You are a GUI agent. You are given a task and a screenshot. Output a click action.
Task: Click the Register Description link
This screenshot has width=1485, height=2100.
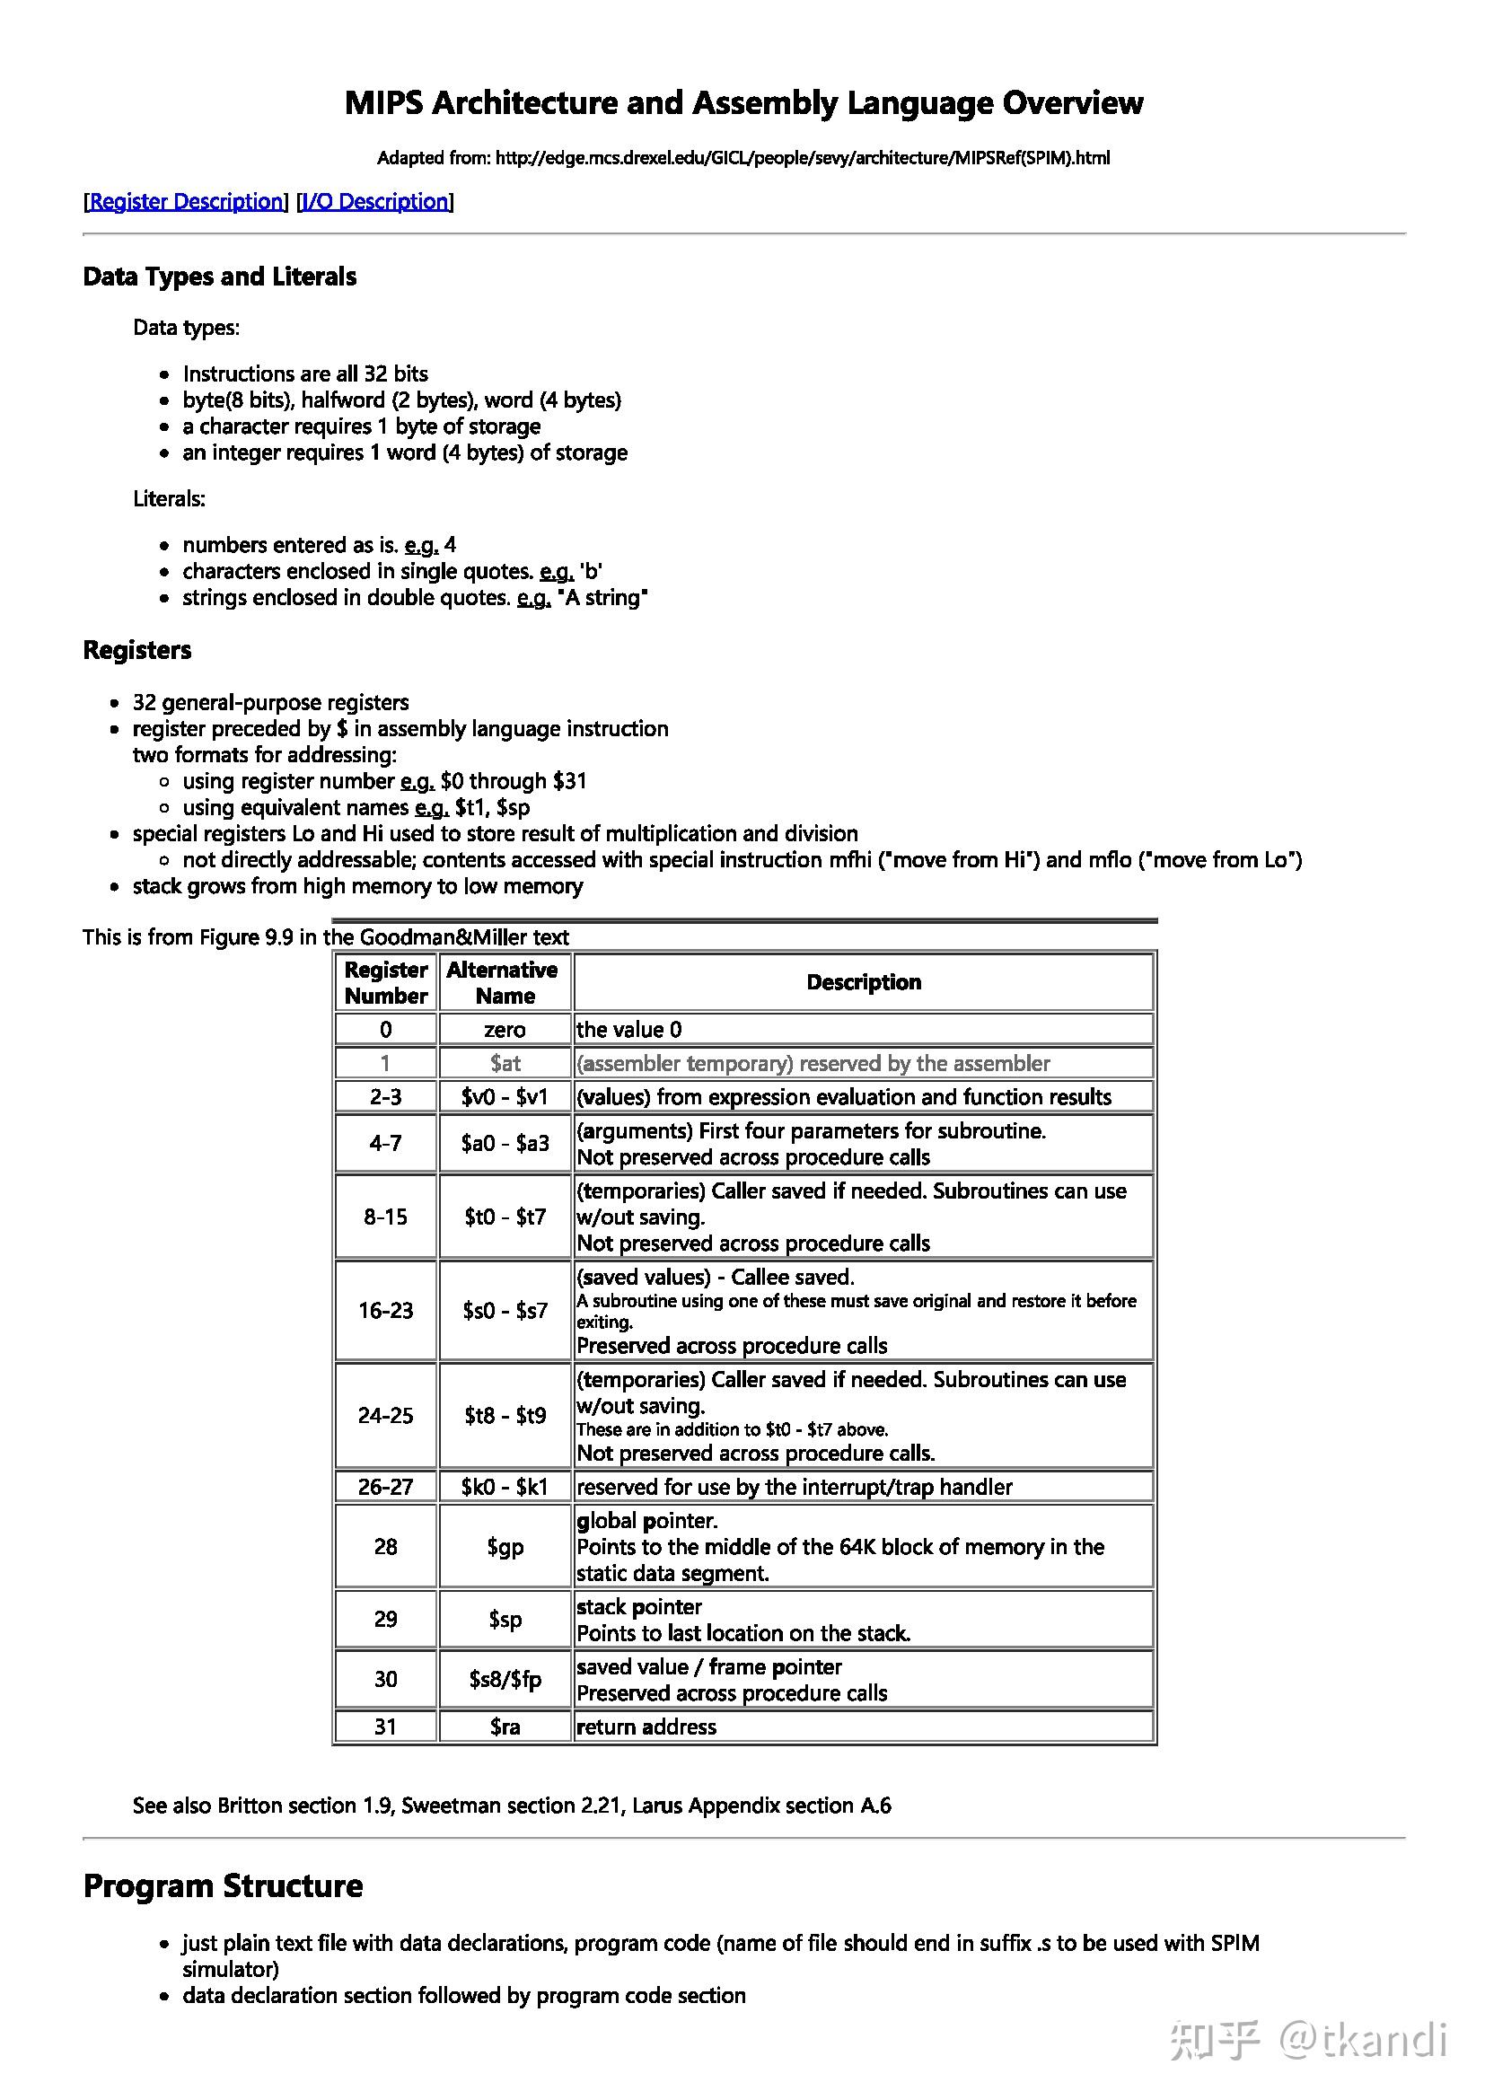coord(187,201)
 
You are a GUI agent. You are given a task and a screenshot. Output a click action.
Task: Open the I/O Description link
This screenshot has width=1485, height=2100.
coord(376,201)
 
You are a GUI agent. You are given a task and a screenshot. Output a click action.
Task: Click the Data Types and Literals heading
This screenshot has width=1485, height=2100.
coord(219,277)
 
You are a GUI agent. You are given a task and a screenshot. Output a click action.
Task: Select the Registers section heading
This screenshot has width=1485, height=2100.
coord(137,650)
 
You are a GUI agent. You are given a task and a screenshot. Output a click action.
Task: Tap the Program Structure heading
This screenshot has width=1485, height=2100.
coord(224,1886)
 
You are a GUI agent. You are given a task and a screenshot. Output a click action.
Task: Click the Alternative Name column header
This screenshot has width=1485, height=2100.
coord(504,982)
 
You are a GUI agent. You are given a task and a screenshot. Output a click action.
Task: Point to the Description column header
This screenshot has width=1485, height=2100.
coord(863,982)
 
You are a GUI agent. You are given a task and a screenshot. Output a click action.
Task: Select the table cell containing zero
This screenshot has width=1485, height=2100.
coord(505,1030)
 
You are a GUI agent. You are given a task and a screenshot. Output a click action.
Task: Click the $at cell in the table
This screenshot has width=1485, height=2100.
coord(505,1063)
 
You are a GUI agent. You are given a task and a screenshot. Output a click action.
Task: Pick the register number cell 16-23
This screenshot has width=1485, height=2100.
coord(386,1311)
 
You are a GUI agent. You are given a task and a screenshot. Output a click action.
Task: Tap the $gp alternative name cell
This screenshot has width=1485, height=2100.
coord(505,1547)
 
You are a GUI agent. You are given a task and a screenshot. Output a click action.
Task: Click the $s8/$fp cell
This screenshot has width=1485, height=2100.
coord(505,1679)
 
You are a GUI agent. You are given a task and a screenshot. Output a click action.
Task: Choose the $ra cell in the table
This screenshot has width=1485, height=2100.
coord(505,1727)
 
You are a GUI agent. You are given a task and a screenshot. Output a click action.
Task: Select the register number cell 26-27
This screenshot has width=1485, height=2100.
coord(386,1487)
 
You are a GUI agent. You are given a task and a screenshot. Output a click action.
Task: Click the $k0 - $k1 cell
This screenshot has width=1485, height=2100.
coord(505,1487)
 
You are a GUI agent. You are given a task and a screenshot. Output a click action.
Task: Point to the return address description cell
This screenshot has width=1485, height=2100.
coord(863,1727)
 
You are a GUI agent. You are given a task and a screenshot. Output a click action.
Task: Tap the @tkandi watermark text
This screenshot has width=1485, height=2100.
coord(1364,2042)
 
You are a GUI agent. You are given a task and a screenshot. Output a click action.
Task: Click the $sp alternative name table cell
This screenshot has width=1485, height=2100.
coord(505,1620)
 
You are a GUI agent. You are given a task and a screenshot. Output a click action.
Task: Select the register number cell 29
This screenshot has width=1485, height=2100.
coord(386,1620)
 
